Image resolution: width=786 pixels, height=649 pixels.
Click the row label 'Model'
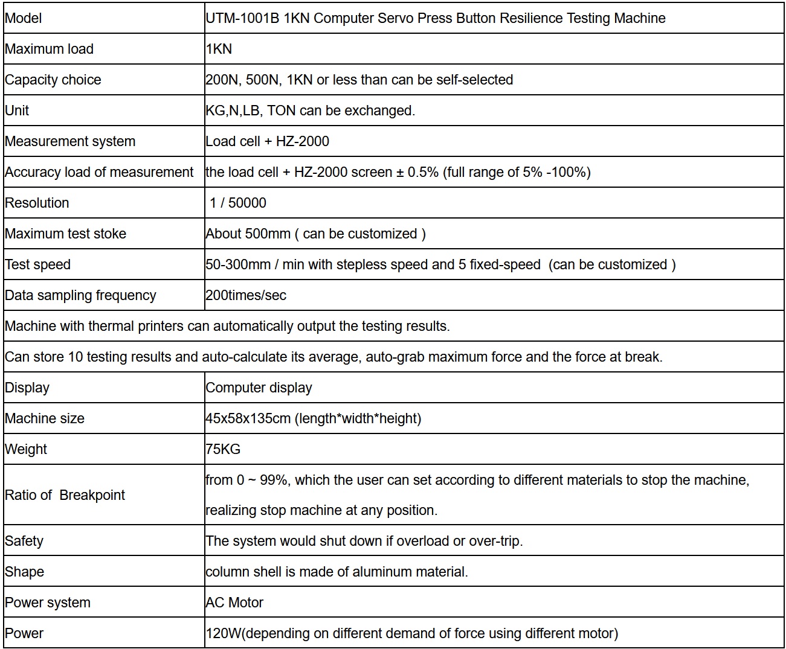(x=24, y=18)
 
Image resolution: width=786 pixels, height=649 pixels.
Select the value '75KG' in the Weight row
(x=223, y=449)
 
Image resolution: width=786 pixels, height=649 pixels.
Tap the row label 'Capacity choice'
(x=53, y=80)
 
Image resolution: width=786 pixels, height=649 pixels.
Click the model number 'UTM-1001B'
(x=242, y=18)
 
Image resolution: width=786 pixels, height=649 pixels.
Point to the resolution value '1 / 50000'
(x=238, y=203)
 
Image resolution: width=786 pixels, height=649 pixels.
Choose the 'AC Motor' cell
(x=234, y=603)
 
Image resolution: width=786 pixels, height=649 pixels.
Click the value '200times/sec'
(x=246, y=295)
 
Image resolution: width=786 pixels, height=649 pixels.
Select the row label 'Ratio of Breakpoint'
(x=65, y=495)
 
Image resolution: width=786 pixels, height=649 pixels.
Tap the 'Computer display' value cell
(x=259, y=388)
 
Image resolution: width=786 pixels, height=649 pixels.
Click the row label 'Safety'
(x=24, y=541)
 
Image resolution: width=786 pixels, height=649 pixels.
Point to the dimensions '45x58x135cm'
(x=248, y=418)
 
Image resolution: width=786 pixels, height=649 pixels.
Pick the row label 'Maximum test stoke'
(x=66, y=234)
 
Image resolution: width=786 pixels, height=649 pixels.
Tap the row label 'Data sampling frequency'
(x=80, y=295)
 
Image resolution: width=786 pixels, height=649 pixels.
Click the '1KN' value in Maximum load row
(x=219, y=49)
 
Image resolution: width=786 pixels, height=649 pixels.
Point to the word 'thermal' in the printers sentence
(x=111, y=326)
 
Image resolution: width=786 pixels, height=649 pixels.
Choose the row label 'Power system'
(x=48, y=603)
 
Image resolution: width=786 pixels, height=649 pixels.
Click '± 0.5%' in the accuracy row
(x=417, y=172)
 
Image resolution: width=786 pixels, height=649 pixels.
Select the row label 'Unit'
(x=17, y=110)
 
